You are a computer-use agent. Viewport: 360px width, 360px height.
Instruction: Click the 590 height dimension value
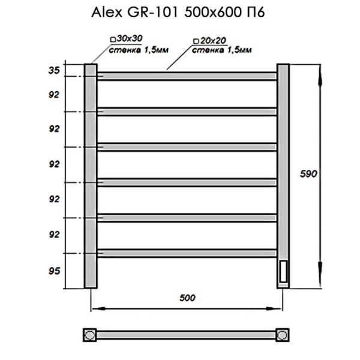(x=309, y=173)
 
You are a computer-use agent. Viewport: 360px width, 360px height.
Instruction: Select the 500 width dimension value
(x=187, y=298)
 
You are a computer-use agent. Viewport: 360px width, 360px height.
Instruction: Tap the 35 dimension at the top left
(x=54, y=70)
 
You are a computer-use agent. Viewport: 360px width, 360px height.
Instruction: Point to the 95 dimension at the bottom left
(x=54, y=271)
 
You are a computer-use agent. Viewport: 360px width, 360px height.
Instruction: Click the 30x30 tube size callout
(x=131, y=39)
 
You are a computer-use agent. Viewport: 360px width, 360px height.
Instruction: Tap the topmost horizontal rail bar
(x=186, y=76)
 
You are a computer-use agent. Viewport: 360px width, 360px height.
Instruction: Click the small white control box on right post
(x=283, y=270)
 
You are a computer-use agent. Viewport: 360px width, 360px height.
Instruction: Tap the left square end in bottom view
(x=89, y=334)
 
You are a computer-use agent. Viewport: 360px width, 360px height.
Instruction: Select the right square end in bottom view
(x=283, y=334)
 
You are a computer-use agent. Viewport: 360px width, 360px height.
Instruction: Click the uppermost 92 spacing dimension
(x=54, y=94)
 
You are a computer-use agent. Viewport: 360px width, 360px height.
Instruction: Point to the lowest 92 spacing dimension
(x=54, y=235)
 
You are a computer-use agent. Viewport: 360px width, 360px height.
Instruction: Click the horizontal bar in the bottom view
(x=186, y=334)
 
